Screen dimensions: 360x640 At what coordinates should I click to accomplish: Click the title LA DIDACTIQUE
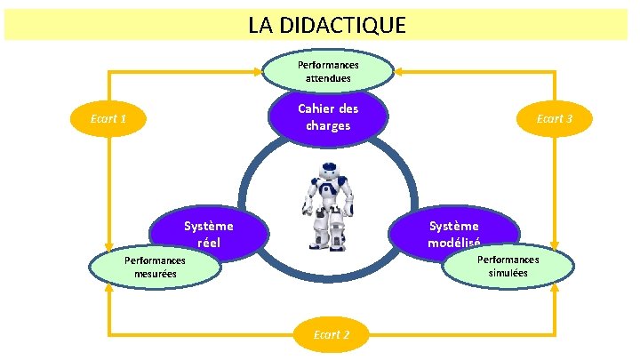(x=327, y=26)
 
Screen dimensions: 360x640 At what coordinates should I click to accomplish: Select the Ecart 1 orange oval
(x=108, y=119)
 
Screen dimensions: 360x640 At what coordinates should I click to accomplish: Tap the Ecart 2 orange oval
(x=331, y=335)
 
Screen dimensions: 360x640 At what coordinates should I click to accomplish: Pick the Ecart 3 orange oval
(x=554, y=119)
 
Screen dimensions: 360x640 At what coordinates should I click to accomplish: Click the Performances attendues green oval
(x=329, y=72)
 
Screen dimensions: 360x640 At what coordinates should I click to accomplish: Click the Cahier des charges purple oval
(x=329, y=116)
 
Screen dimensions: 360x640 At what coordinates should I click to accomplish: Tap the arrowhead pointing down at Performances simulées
(x=554, y=244)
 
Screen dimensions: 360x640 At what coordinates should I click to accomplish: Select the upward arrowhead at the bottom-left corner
(x=108, y=292)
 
